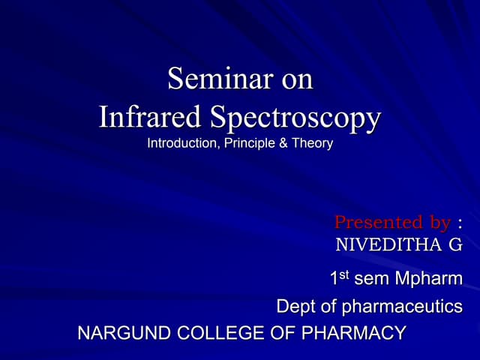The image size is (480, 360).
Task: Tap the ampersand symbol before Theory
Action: point(282,143)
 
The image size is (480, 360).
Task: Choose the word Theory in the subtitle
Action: point(310,143)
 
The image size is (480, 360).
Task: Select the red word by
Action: point(435,223)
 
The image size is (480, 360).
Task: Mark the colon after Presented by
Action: point(459,223)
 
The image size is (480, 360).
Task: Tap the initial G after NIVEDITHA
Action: point(454,244)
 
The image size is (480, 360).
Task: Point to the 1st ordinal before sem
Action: point(340,279)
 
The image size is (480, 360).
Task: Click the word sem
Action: point(370,280)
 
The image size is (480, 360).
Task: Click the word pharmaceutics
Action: point(402,307)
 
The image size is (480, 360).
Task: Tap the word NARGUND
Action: point(117,333)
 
